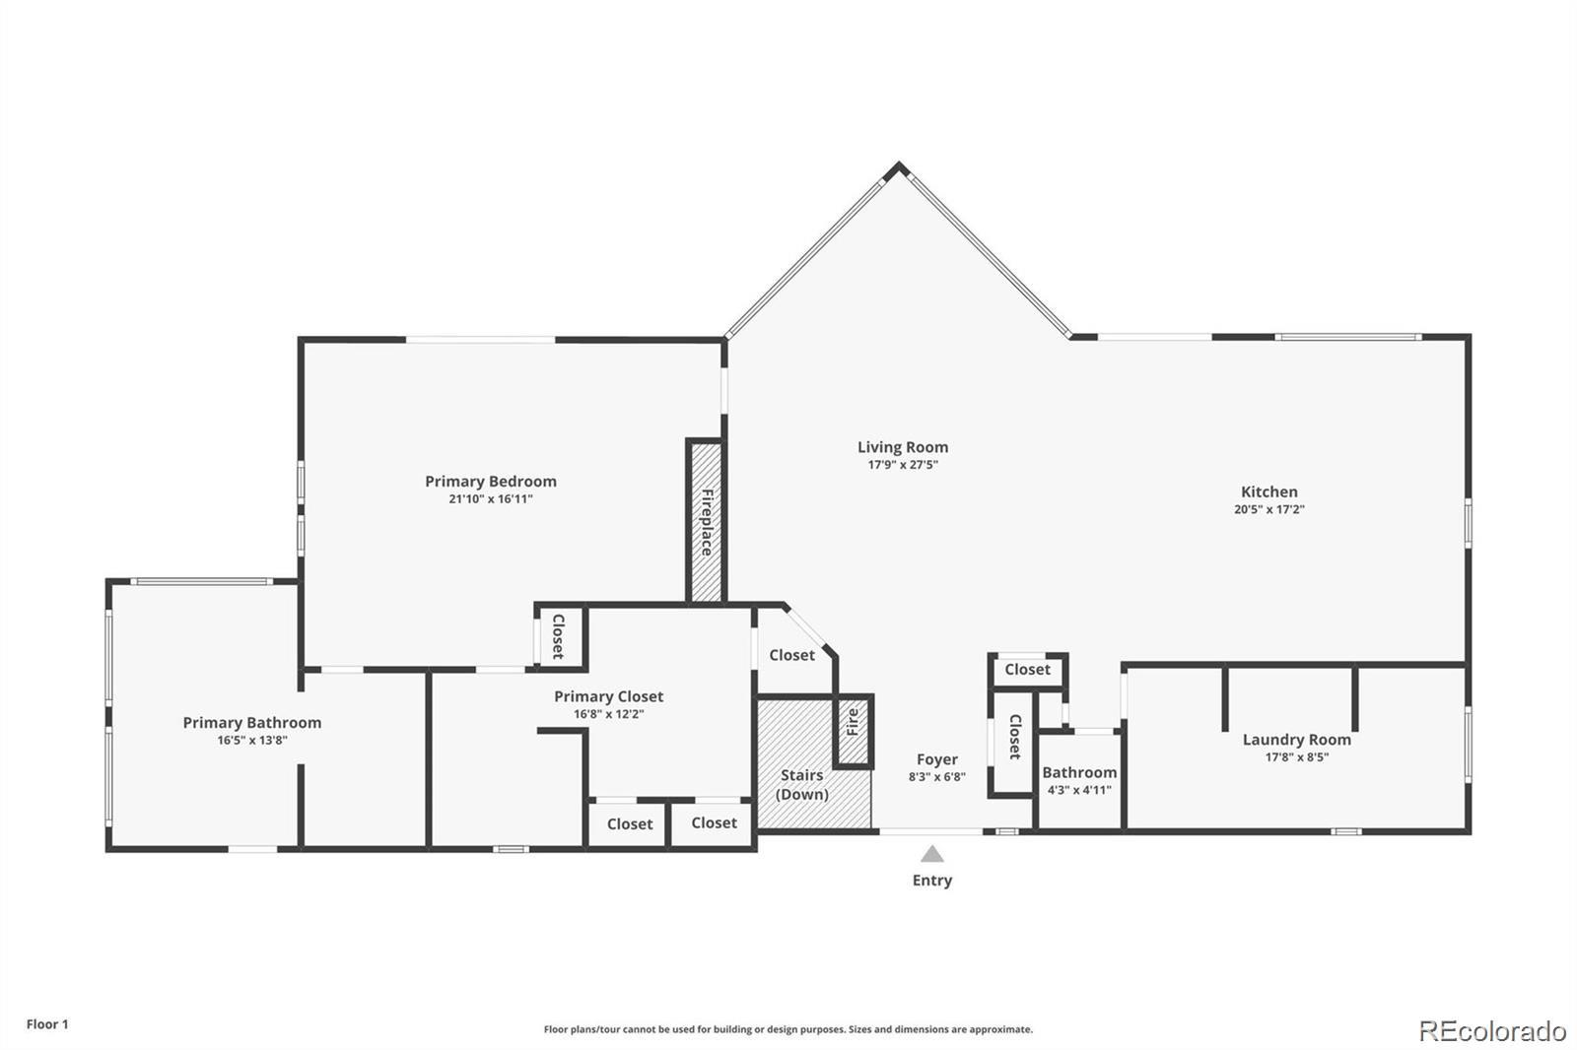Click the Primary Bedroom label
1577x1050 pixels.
490,481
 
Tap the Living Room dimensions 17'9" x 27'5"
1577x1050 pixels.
902,465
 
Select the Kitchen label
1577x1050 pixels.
1268,492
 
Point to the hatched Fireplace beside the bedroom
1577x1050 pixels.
706,522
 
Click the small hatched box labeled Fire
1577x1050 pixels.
853,731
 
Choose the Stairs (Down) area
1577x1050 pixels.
802,784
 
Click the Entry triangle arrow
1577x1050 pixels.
931,854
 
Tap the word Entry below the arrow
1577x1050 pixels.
931,881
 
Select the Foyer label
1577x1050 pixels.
936,759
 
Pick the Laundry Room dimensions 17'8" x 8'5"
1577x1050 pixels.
1296,757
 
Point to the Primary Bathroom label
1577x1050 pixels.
252,722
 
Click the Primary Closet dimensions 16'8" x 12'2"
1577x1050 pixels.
608,714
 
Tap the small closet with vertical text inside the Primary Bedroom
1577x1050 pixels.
559,637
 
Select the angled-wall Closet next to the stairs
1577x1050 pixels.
791,655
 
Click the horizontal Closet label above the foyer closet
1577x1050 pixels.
1027,670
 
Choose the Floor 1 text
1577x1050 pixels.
47,1024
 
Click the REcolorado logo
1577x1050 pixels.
1491,1030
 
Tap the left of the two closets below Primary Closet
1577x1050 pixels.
629,823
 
